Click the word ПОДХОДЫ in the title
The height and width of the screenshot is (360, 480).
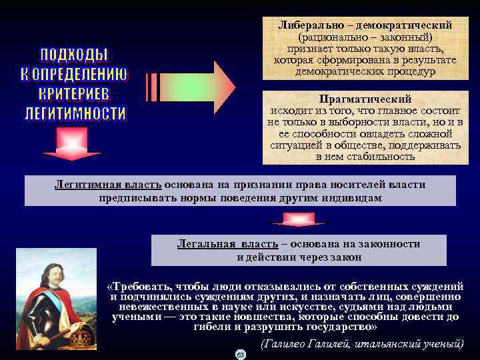75,54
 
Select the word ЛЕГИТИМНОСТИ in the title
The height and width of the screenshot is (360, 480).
75,113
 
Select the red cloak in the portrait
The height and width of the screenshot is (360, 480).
40,313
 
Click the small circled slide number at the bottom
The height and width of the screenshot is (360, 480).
241,354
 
